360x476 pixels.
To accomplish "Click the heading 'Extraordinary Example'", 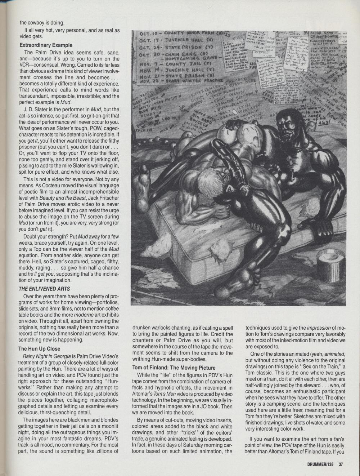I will click(46, 45).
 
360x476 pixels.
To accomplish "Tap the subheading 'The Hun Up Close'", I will click(39, 348).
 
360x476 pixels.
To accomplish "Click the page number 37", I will click(341, 464).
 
